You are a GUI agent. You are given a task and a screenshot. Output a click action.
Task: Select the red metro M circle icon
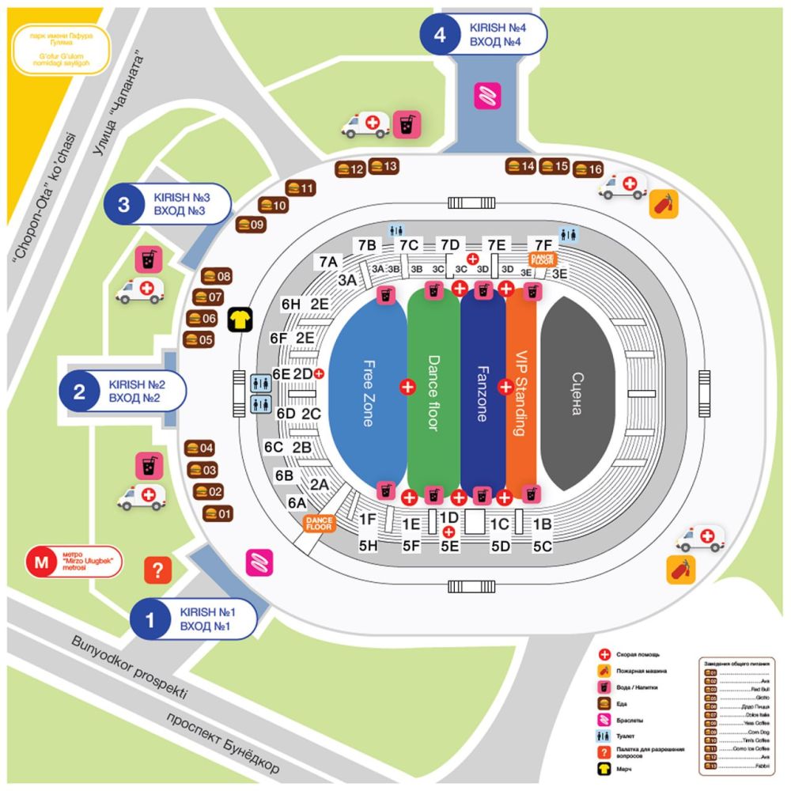(x=41, y=563)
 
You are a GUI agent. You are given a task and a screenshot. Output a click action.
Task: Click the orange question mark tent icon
(x=157, y=570)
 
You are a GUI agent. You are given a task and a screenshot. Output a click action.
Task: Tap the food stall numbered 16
(x=589, y=170)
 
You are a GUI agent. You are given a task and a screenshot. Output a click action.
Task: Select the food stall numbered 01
(x=218, y=513)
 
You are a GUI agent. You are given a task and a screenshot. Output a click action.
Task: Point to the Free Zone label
(x=369, y=393)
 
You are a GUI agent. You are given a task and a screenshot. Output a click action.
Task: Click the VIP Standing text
(x=520, y=393)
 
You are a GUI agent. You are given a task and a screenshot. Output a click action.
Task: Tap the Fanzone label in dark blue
(x=482, y=393)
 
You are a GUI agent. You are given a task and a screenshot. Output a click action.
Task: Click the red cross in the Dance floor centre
(x=407, y=387)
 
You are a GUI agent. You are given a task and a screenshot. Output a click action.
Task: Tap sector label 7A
(x=329, y=260)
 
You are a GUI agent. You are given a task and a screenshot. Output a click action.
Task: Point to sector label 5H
(x=369, y=546)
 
